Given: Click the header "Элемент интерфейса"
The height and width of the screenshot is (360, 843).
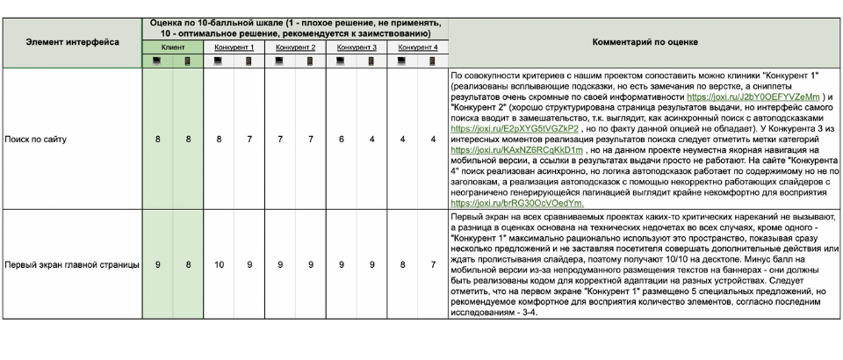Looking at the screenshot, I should (72, 40).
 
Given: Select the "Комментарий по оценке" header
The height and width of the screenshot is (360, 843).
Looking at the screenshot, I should (645, 40).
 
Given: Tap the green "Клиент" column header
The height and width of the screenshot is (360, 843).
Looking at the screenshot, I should (172, 47).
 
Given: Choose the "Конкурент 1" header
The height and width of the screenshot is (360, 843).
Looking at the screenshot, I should (234, 47).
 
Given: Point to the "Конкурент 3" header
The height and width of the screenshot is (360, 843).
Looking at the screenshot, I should (357, 47).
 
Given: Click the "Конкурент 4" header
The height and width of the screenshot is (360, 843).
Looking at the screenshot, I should (418, 47).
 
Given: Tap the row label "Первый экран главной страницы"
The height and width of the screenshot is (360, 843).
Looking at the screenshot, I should (72, 265).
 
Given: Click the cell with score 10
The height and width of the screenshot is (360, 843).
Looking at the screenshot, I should (219, 265).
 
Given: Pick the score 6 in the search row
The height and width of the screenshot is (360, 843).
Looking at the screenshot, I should (342, 139).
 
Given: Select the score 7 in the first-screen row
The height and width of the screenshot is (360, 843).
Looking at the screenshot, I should (433, 265).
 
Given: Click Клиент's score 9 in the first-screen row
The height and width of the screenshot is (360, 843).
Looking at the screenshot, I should (157, 265).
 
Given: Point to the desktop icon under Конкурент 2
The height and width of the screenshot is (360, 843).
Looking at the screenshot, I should (280, 61).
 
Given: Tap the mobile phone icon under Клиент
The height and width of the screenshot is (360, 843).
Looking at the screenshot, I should (188, 61).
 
